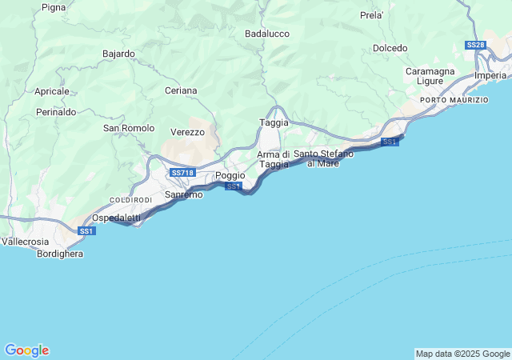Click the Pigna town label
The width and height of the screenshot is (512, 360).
click(x=54, y=7)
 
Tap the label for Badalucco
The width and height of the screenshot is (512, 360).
click(x=266, y=34)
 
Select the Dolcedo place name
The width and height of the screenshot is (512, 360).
click(x=390, y=48)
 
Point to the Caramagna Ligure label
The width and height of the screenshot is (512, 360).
click(x=430, y=76)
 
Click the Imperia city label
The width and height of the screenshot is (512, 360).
click(x=490, y=75)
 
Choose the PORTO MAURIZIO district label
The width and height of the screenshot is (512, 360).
click(x=454, y=100)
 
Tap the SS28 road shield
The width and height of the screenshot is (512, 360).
click(x=475, y=45)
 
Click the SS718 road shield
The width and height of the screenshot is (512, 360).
click(x=182, y=172)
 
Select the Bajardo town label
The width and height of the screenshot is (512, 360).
click(x=118, y=54)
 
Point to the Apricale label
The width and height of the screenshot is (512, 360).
click(x=52, y=91)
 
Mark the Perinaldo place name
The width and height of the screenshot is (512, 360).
click(x=56, y=112)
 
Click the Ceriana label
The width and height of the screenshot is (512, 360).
click(x=180, y=90)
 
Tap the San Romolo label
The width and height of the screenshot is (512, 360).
click(x=129, y=128)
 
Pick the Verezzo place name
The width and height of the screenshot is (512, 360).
click(x=188, y=132)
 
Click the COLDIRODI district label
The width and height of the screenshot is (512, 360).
click(x=130, y=199)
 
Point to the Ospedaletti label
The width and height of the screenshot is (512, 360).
click(x=116, y=218)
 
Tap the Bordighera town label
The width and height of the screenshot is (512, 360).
click(x=60, y=254)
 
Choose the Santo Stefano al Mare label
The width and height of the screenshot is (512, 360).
click(x=317, y=158)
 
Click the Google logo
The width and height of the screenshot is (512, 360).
click(x=26, y=350)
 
